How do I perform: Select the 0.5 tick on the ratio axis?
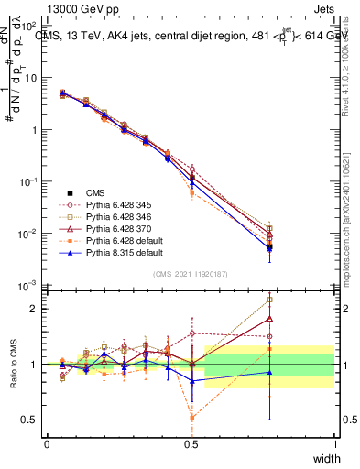click(34, 420)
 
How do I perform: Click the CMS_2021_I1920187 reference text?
click(191, 274)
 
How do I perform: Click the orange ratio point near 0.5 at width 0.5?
click(191, 417)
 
